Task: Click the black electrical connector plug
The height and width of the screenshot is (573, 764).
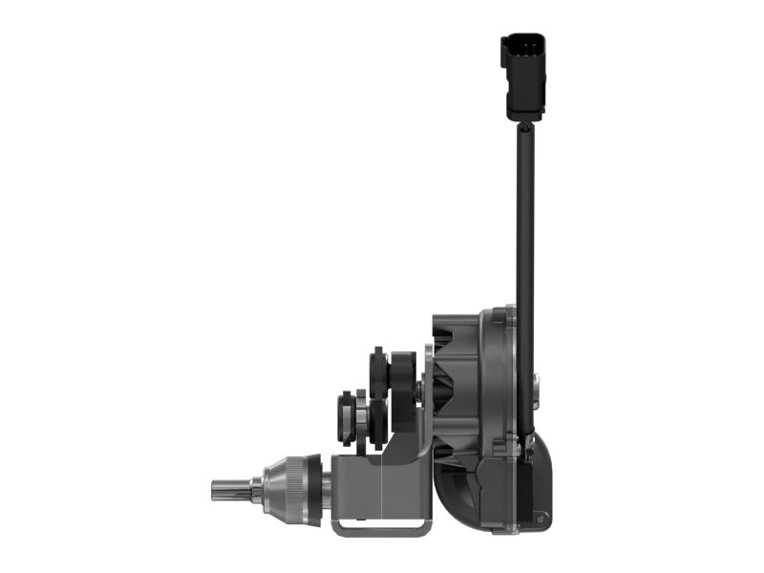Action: pyautogui.click(x=523, y=76)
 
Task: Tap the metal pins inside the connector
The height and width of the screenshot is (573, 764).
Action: pyautogui.click(x=520, y=48)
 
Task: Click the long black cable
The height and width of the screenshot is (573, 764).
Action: pyautogui.click(x=524, y=220)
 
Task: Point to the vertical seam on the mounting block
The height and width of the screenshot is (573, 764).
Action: pyautogui.click(x=380, y=487)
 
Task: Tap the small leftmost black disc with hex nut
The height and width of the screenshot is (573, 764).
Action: pyautogui.click(x=345, y=416)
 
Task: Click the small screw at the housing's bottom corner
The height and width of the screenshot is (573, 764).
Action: pyautogui.click(x=541, y=518)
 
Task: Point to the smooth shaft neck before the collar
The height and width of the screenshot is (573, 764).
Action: pyautogui.click(x=256, y=488)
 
